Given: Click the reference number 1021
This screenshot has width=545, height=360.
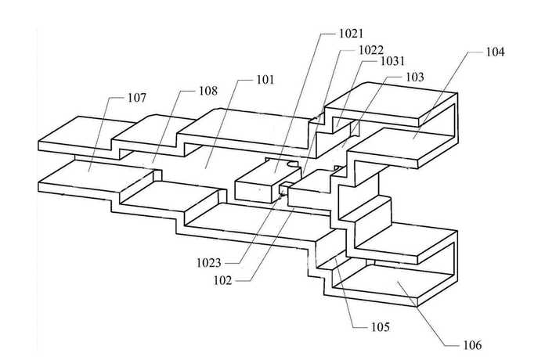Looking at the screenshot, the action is (x=351, y=34).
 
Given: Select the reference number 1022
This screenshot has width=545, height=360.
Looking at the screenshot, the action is (x=371, y=50).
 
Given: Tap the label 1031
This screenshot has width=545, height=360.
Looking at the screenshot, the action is (x=393, y=61).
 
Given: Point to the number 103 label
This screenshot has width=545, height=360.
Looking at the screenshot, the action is (x=415, y=77).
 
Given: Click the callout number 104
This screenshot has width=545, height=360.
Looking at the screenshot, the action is (x=495, y=52).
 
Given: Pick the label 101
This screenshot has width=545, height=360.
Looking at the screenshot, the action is (x=265, y=80).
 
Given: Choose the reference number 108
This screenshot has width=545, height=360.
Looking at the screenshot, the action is (x=208, y=91).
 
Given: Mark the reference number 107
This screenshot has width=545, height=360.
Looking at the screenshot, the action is (x=137, y=98).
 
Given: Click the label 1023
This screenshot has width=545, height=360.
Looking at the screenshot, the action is (x=208, y=263).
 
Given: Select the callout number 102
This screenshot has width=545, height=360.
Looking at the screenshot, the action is (x=222, y=280).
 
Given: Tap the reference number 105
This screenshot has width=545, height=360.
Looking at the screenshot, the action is (x=381, y=327).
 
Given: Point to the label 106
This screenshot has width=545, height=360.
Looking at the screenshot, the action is (x=472, y=345).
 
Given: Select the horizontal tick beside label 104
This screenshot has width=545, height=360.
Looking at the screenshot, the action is (x=475, y=52).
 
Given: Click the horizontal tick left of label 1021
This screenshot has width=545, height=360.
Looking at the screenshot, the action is (x=328, y=34).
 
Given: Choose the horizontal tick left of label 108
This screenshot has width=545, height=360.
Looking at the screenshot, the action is (x=189, y=91).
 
